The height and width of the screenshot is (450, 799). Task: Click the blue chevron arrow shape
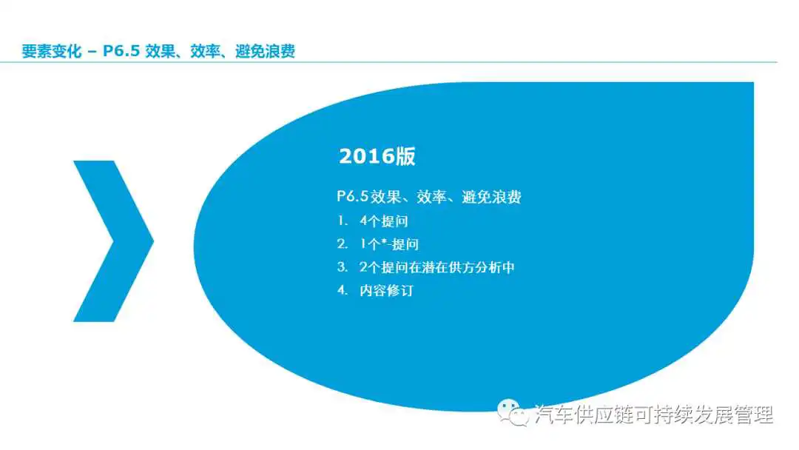(x=113, y=241)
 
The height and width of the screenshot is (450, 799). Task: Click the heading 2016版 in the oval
(x=377, y=156)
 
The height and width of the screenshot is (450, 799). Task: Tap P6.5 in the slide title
(x=121, y=51)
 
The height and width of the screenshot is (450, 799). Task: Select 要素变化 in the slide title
(x=52, y=51)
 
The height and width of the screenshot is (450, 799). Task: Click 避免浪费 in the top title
(x=265, y=51)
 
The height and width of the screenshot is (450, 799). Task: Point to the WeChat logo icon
(x=513, y=412)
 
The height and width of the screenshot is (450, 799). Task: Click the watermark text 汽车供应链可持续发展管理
(x=654, y=414)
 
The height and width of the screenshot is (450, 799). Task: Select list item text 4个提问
(x=384, y=221)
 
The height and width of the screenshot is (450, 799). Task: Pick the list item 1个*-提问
(x=389, y=244)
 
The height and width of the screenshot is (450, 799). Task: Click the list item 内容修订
(x=387, y=290)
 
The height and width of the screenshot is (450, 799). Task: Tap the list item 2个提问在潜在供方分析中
(x=437, y=267)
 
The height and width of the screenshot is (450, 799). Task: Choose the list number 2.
(x=343, y=244)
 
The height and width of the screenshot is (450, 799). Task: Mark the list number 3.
(x=343, y=267)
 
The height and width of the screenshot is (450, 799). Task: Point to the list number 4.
(x=343, y=290)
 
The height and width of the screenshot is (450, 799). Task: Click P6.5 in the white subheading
(x=353, y=197)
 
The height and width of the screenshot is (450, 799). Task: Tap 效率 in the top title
(x=205, y=51)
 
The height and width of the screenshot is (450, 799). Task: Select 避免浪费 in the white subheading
(x=492, y=197)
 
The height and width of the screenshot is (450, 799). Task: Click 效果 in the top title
(x=160, y=51)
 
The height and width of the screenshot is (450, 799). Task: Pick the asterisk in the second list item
(x=384, y=241)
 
